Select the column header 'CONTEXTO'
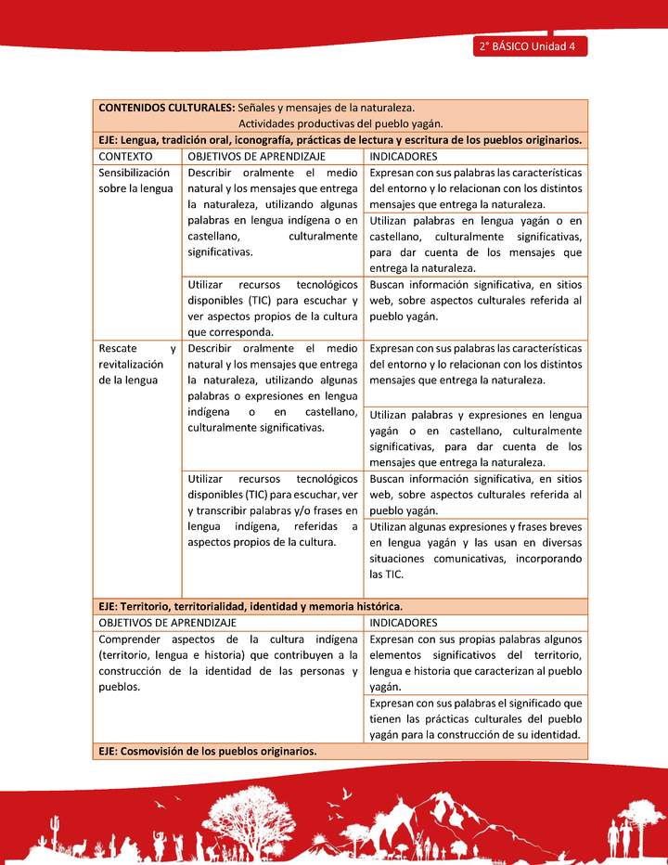point(125,156)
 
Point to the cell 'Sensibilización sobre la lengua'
point(135,181)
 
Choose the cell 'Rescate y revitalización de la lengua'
point(137,364)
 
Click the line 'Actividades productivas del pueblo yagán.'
point(340,123)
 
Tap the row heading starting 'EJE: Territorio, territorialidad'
point(250,606)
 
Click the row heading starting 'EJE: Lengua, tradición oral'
point(340,140)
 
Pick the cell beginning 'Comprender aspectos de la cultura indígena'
point(228,663)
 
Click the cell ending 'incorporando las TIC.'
point(475,550)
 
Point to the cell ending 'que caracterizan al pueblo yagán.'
point(475,663)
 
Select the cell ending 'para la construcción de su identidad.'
point(475,718)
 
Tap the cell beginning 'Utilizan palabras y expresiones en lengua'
point(475,438)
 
